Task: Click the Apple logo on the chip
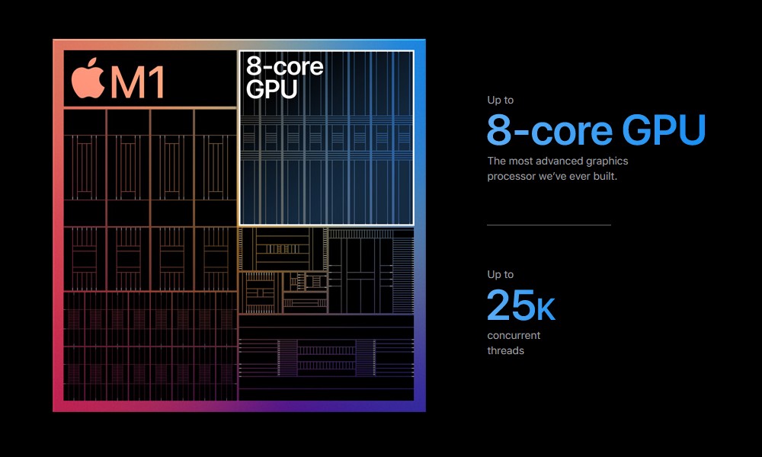88,78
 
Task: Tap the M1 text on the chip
137,82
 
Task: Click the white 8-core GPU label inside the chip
284,77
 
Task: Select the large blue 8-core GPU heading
596,129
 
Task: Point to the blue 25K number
521,305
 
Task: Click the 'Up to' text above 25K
501,274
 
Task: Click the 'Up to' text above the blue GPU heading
501,100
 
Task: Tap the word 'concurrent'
514,335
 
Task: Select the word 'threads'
505,350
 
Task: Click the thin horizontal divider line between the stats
549,225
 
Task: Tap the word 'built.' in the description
605,176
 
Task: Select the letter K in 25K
546,309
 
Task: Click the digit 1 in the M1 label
157,82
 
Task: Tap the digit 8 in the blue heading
499,129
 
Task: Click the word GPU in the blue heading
664,129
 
